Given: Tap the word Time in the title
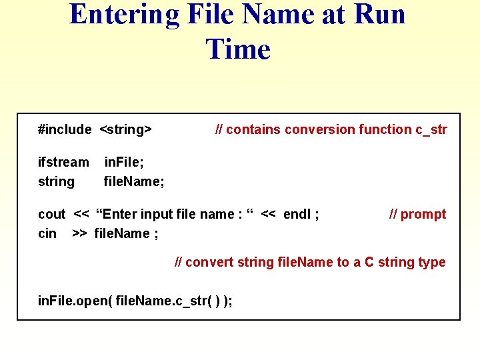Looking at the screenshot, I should pos(238,49).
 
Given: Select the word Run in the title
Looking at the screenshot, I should pos(377,15).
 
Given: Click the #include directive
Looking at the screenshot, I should pos(65,129).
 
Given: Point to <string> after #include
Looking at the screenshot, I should pos(126,129).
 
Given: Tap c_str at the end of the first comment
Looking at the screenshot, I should pos(431,129).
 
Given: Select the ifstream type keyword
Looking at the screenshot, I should pos(63,162).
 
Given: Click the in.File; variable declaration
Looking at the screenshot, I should pos(124,162).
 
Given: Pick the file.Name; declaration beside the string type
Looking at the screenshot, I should pos(134,181).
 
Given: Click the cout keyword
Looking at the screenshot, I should pos(51,214).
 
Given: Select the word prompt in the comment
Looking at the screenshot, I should pos(423,214).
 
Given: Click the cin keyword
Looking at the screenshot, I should pos(47,233).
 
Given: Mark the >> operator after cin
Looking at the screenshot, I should pos(79,233).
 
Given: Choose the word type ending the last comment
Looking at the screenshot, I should pos(432,262).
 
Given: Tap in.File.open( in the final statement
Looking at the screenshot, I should pos(75,301).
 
